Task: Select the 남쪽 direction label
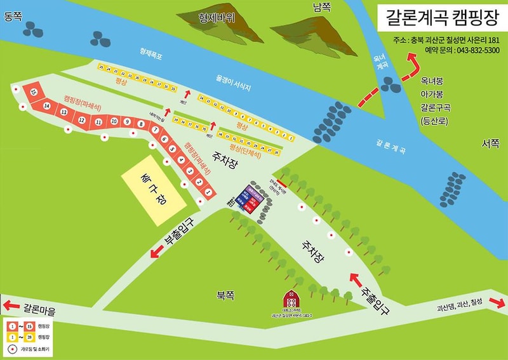pyautogui.click(x=322, y=7)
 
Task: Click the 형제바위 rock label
pyautogui.click(x=216, y=18)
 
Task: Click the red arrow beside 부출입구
pyautogui.click(x=154, y=254)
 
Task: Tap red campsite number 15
pyautogui.click(x=32, y=92)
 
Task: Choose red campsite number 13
pyautogui.click(x=63, y=112)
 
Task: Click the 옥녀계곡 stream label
pyautogui.click(x=381, y=65)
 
